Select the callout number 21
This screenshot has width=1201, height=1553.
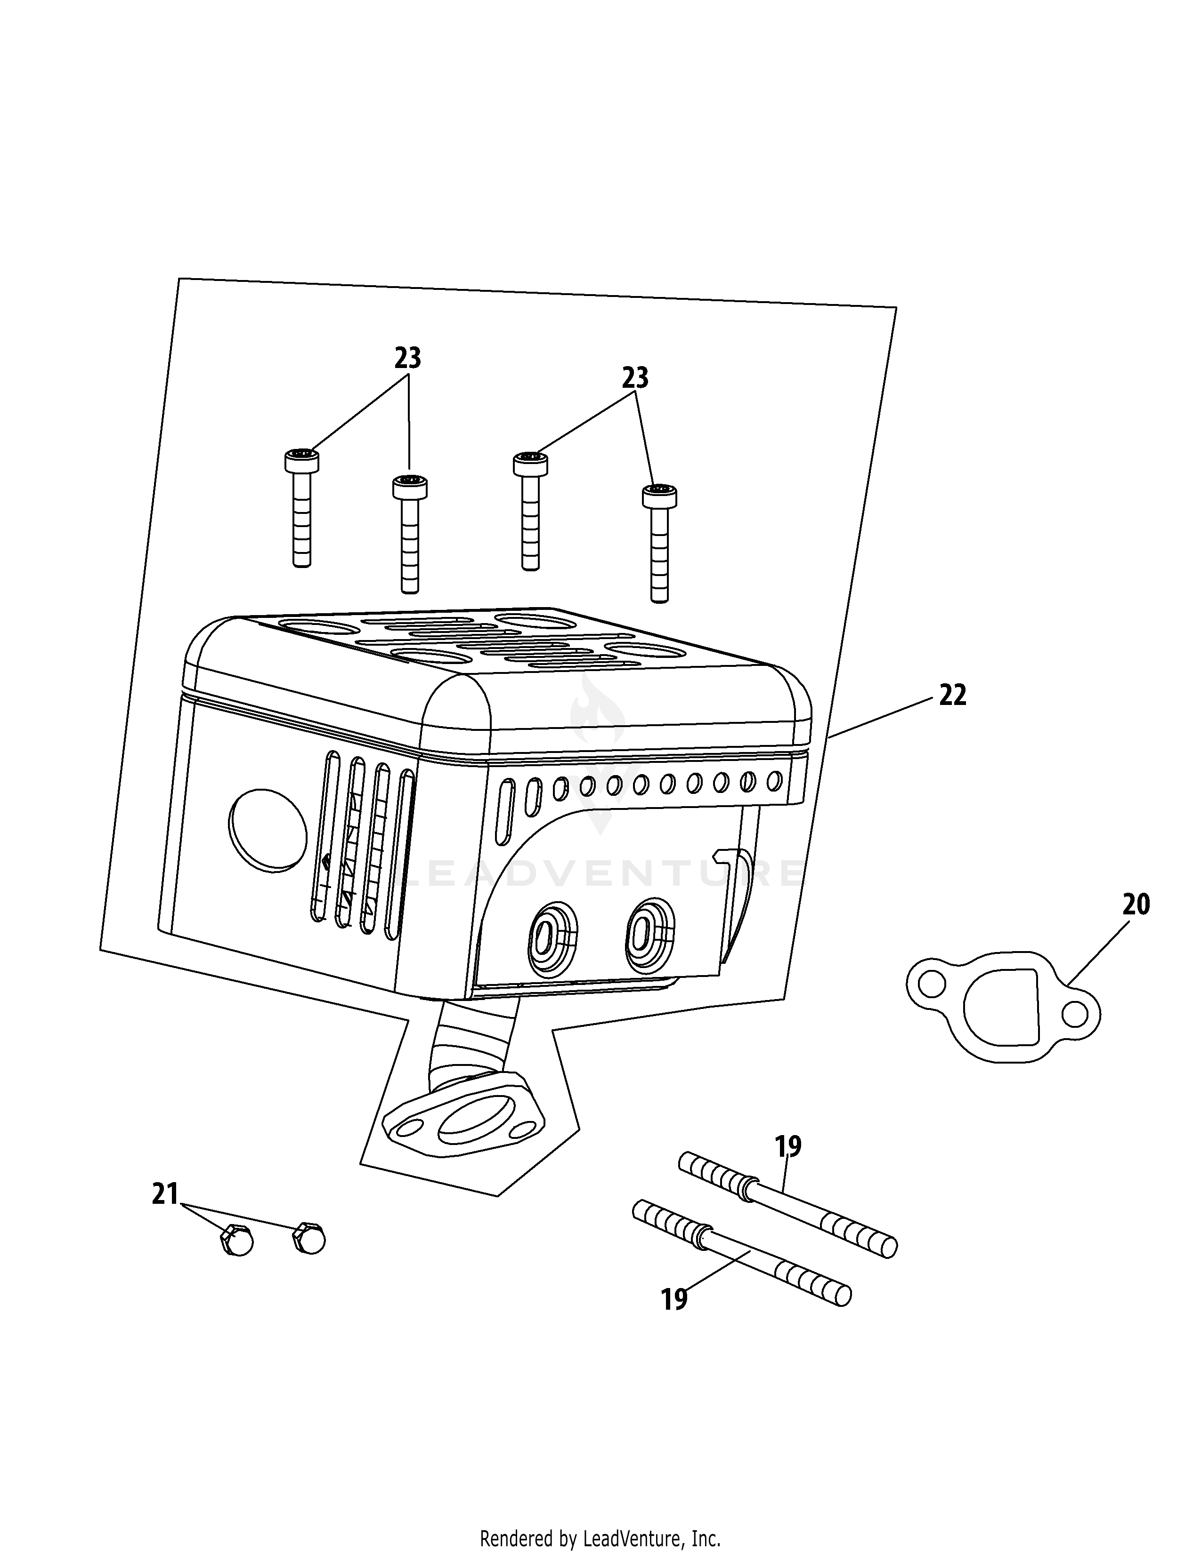pos(164,1194)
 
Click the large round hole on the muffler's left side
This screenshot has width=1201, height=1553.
pos(268,830)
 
